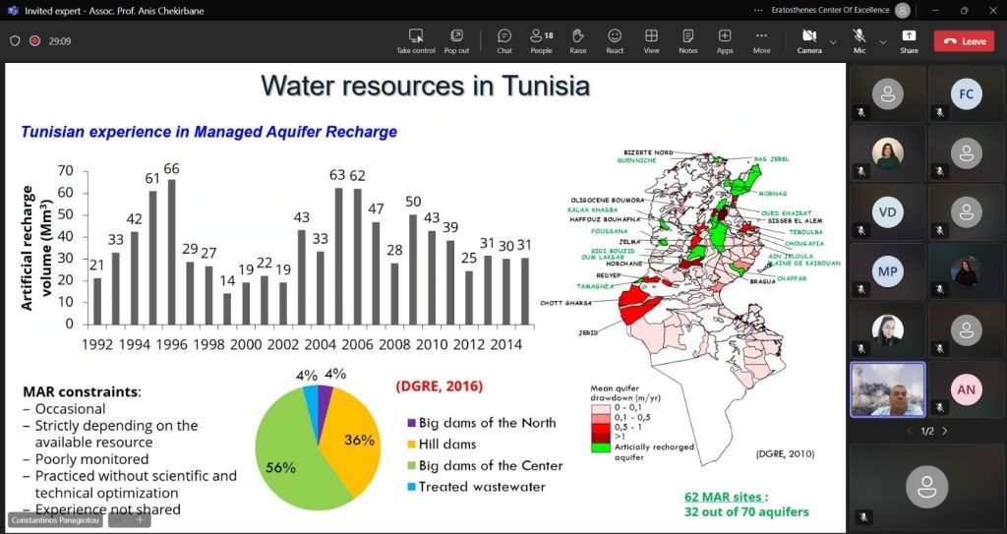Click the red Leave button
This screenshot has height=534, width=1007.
(964, 41)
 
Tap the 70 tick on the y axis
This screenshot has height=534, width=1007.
(66, 170)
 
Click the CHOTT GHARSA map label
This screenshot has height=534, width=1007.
(565, 303)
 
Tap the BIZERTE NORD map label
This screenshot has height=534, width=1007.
(648, 152)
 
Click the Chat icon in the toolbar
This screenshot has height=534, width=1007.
(504, 41)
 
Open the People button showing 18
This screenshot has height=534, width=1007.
(541, 41)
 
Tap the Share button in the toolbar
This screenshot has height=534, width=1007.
(909, 41)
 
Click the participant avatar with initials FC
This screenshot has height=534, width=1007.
(967, 94)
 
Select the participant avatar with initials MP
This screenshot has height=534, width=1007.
(888, 271)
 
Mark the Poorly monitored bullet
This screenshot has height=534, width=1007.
(91, 459)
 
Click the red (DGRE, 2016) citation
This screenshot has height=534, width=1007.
(439, 386)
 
